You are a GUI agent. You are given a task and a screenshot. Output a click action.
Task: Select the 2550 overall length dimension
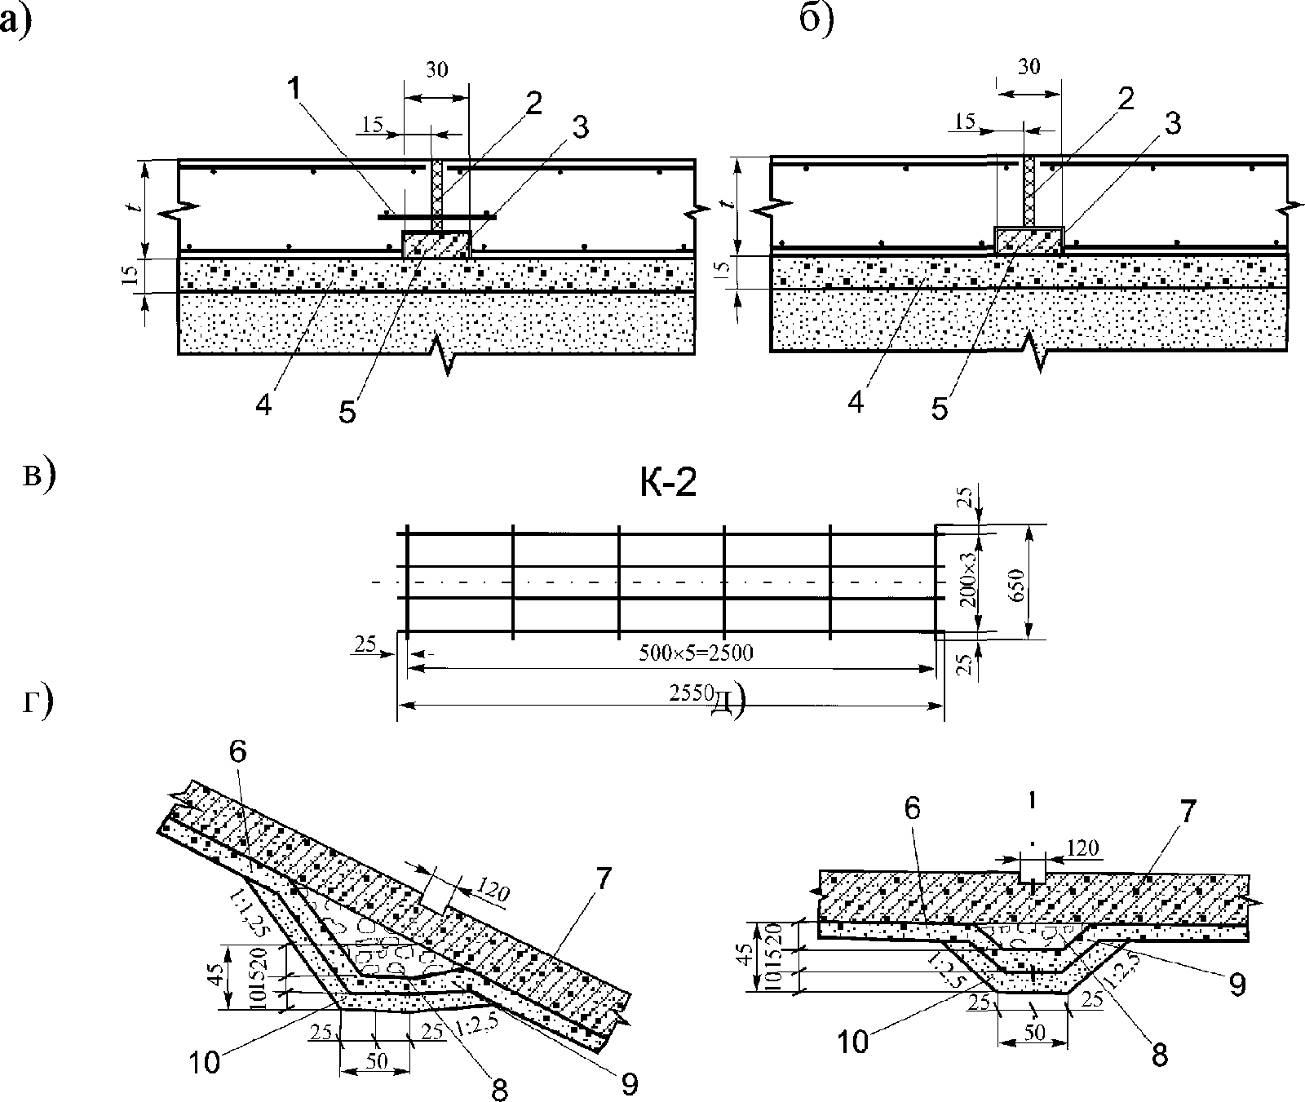[x=689, y=693]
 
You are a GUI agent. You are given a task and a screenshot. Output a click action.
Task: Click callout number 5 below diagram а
[x=348, y=412]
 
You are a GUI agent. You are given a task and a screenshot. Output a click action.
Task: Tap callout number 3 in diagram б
[x=1172, y=124]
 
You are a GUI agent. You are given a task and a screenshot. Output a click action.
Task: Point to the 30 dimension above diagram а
[x=436, y=69]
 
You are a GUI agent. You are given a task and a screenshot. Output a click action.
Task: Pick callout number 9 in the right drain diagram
[x=1237, y=985]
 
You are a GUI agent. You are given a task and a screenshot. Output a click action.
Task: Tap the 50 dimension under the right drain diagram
[x=1034, y=1032]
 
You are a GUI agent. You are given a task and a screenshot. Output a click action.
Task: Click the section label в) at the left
[x=38, y=476]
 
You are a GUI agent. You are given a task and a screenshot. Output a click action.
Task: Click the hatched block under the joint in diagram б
[x=1029, y=240]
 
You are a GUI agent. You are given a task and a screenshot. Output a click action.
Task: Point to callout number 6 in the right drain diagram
[x=913, y=808]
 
